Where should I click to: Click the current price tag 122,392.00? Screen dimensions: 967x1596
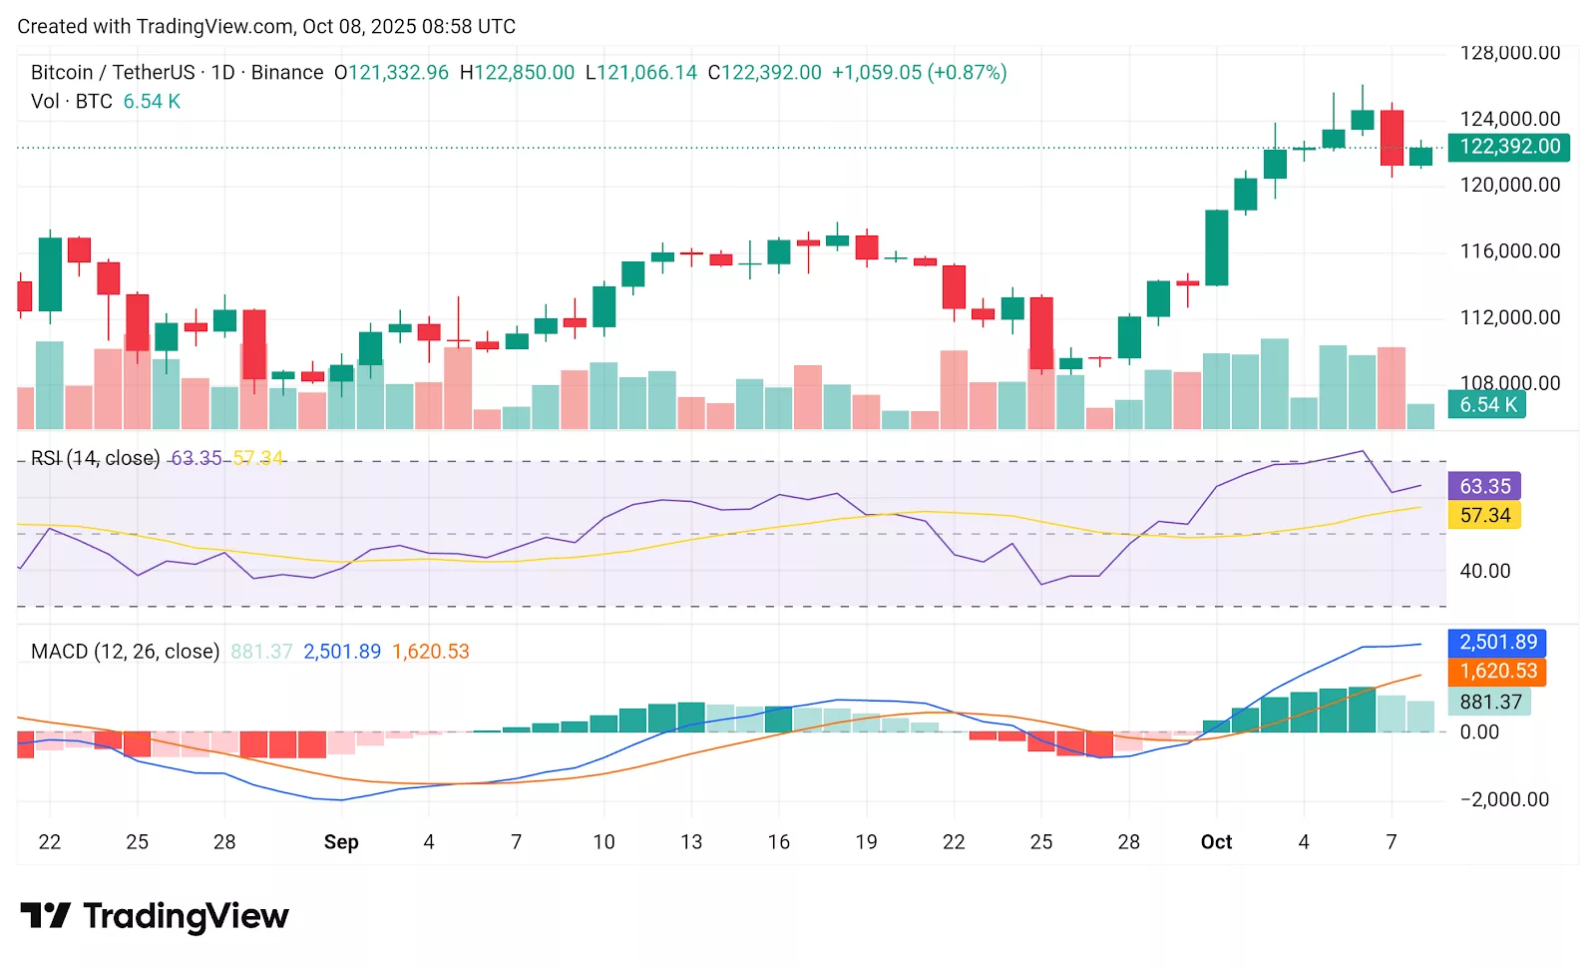1508,147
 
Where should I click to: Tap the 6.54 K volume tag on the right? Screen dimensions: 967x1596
1486,404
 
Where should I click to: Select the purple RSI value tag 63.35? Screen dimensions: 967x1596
1484,486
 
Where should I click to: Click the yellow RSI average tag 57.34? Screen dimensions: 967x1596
1484,515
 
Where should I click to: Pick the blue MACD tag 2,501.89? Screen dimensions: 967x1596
1496,642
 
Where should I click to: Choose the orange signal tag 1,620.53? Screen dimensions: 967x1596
1496,671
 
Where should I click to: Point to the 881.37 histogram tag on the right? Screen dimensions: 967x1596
1489,702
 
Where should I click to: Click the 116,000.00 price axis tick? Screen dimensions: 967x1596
1509,251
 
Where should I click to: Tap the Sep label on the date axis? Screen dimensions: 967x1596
341,842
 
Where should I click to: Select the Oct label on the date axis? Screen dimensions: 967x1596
1216,842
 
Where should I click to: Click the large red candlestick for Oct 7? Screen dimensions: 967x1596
1392,138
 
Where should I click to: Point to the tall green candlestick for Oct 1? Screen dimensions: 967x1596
1216,247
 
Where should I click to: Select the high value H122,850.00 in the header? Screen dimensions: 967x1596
517,73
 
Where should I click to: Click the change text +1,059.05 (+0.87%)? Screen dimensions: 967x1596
919,73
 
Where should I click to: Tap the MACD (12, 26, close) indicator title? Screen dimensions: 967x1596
125,652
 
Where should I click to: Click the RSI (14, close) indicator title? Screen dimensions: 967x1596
95,458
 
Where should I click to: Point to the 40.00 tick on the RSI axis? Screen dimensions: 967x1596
1484,571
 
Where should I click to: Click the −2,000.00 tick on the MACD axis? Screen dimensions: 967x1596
1504,799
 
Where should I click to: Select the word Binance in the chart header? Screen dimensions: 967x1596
287,73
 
